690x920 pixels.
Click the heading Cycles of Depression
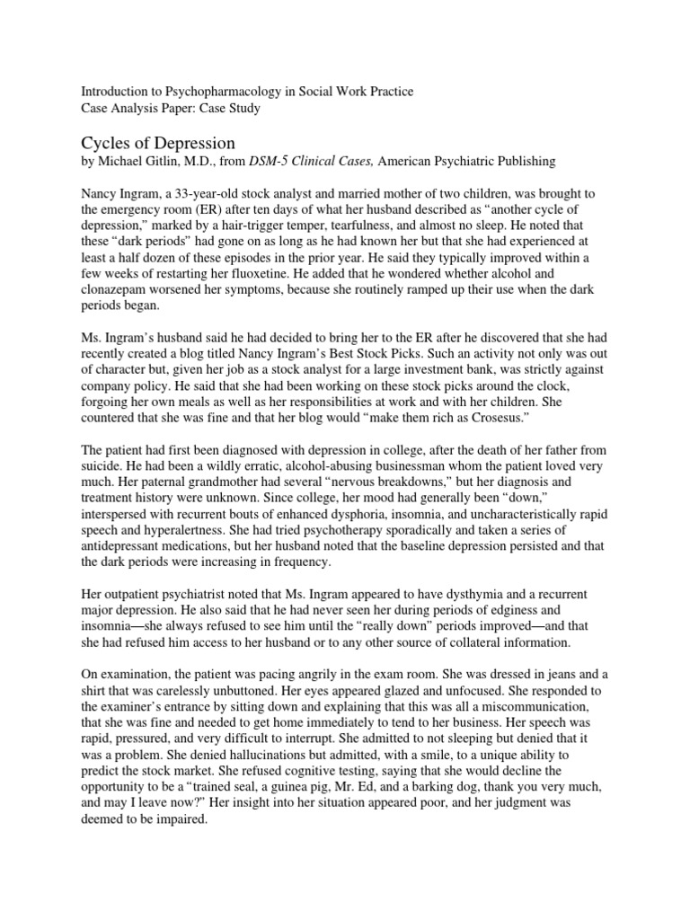coord(159,144)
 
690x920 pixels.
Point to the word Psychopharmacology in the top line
coord(225,93)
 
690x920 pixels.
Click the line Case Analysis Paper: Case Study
coord(171,109)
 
